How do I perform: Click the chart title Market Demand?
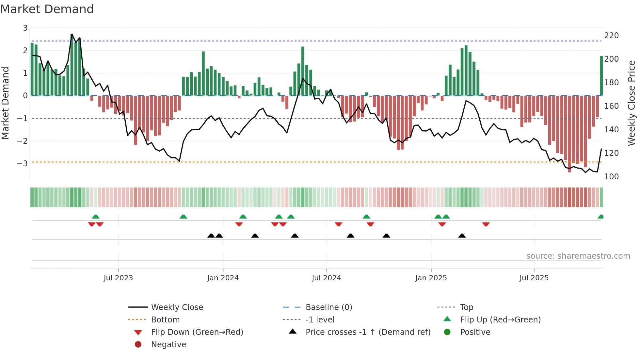pos(47,9)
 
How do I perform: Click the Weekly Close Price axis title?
pos(632,103)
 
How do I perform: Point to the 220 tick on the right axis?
pos(611,36)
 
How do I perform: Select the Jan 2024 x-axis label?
pos(223,278)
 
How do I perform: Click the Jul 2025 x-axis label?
pos(534,278)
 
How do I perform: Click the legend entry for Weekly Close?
pos(177,307)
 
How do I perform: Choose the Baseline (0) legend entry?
pos(328,307)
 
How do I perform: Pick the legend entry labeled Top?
pos(466,307)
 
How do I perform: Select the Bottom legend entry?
pos(165,320)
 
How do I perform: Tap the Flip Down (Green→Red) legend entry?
pos(197,332)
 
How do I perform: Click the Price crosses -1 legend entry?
pos(368,332)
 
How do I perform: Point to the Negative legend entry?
pos(168,345)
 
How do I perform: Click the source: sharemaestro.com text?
pos(578,256)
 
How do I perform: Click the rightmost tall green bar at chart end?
pos(601,76)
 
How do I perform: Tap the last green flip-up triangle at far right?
pos(600,217)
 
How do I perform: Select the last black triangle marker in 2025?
pos(462,236)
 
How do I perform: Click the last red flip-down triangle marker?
pos(486,224)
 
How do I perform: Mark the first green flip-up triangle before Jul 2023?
pos(96,217)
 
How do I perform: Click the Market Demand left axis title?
pos(5,103)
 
